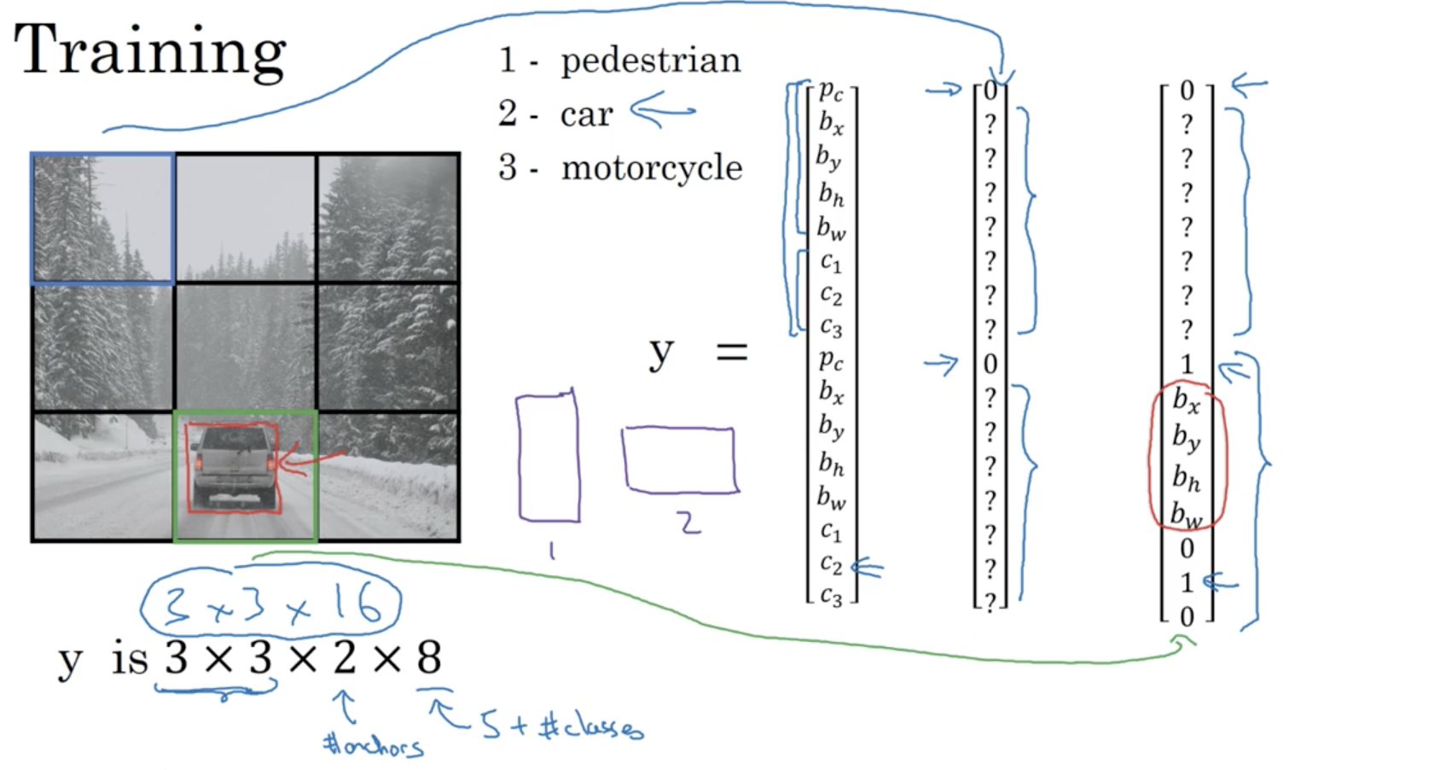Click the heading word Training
pos(150,51)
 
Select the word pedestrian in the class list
pos(650,61)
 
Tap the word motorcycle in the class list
pos(651,167)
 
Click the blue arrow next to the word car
pos(662,111)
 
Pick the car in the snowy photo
pos(234,468)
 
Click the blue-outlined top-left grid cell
pos(103,219)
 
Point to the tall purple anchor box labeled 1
pos(548,457)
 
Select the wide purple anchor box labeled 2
pos(680,460)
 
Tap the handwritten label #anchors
pos(373,746)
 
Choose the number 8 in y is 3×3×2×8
pos(429,657)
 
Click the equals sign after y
pos(731,351)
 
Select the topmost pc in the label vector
pos(831,90)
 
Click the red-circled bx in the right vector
pos(1186,400)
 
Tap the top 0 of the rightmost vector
pos(1187,90)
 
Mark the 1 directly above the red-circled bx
pos(1187,365)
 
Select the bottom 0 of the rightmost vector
pos(1187,616)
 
